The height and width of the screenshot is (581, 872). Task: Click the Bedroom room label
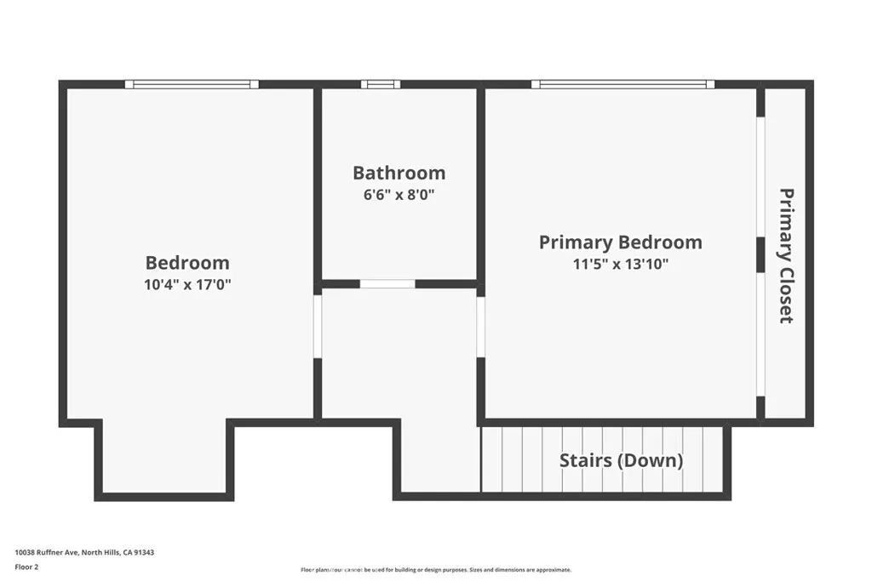pos(187,263)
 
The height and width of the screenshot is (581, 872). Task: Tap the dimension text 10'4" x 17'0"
pos(187,285)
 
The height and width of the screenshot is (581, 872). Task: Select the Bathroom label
pos(399,173)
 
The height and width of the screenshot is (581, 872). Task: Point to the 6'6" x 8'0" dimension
pos(399,194)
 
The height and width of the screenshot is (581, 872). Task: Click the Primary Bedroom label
pos(620,242)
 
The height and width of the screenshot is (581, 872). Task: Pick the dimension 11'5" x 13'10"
pos(620,265)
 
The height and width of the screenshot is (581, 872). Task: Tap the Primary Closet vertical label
pos(786,255)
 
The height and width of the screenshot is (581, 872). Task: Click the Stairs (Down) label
pos(621,460)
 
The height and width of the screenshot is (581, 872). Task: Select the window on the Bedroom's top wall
pos(192,84)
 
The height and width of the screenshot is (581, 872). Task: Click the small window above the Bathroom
pos(380,84)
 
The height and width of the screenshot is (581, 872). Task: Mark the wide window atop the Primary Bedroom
pos(622,84)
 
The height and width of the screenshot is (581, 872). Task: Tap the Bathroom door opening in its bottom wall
pos(387,284)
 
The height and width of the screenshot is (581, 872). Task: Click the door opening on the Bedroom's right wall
pos(318,326)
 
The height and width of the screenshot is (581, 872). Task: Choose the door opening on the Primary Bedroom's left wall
pos(480,326)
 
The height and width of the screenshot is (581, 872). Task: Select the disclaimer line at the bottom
pos(435,570)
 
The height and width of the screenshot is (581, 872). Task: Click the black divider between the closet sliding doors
pos(760,254)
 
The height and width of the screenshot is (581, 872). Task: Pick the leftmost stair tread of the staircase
pos(492,459)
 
